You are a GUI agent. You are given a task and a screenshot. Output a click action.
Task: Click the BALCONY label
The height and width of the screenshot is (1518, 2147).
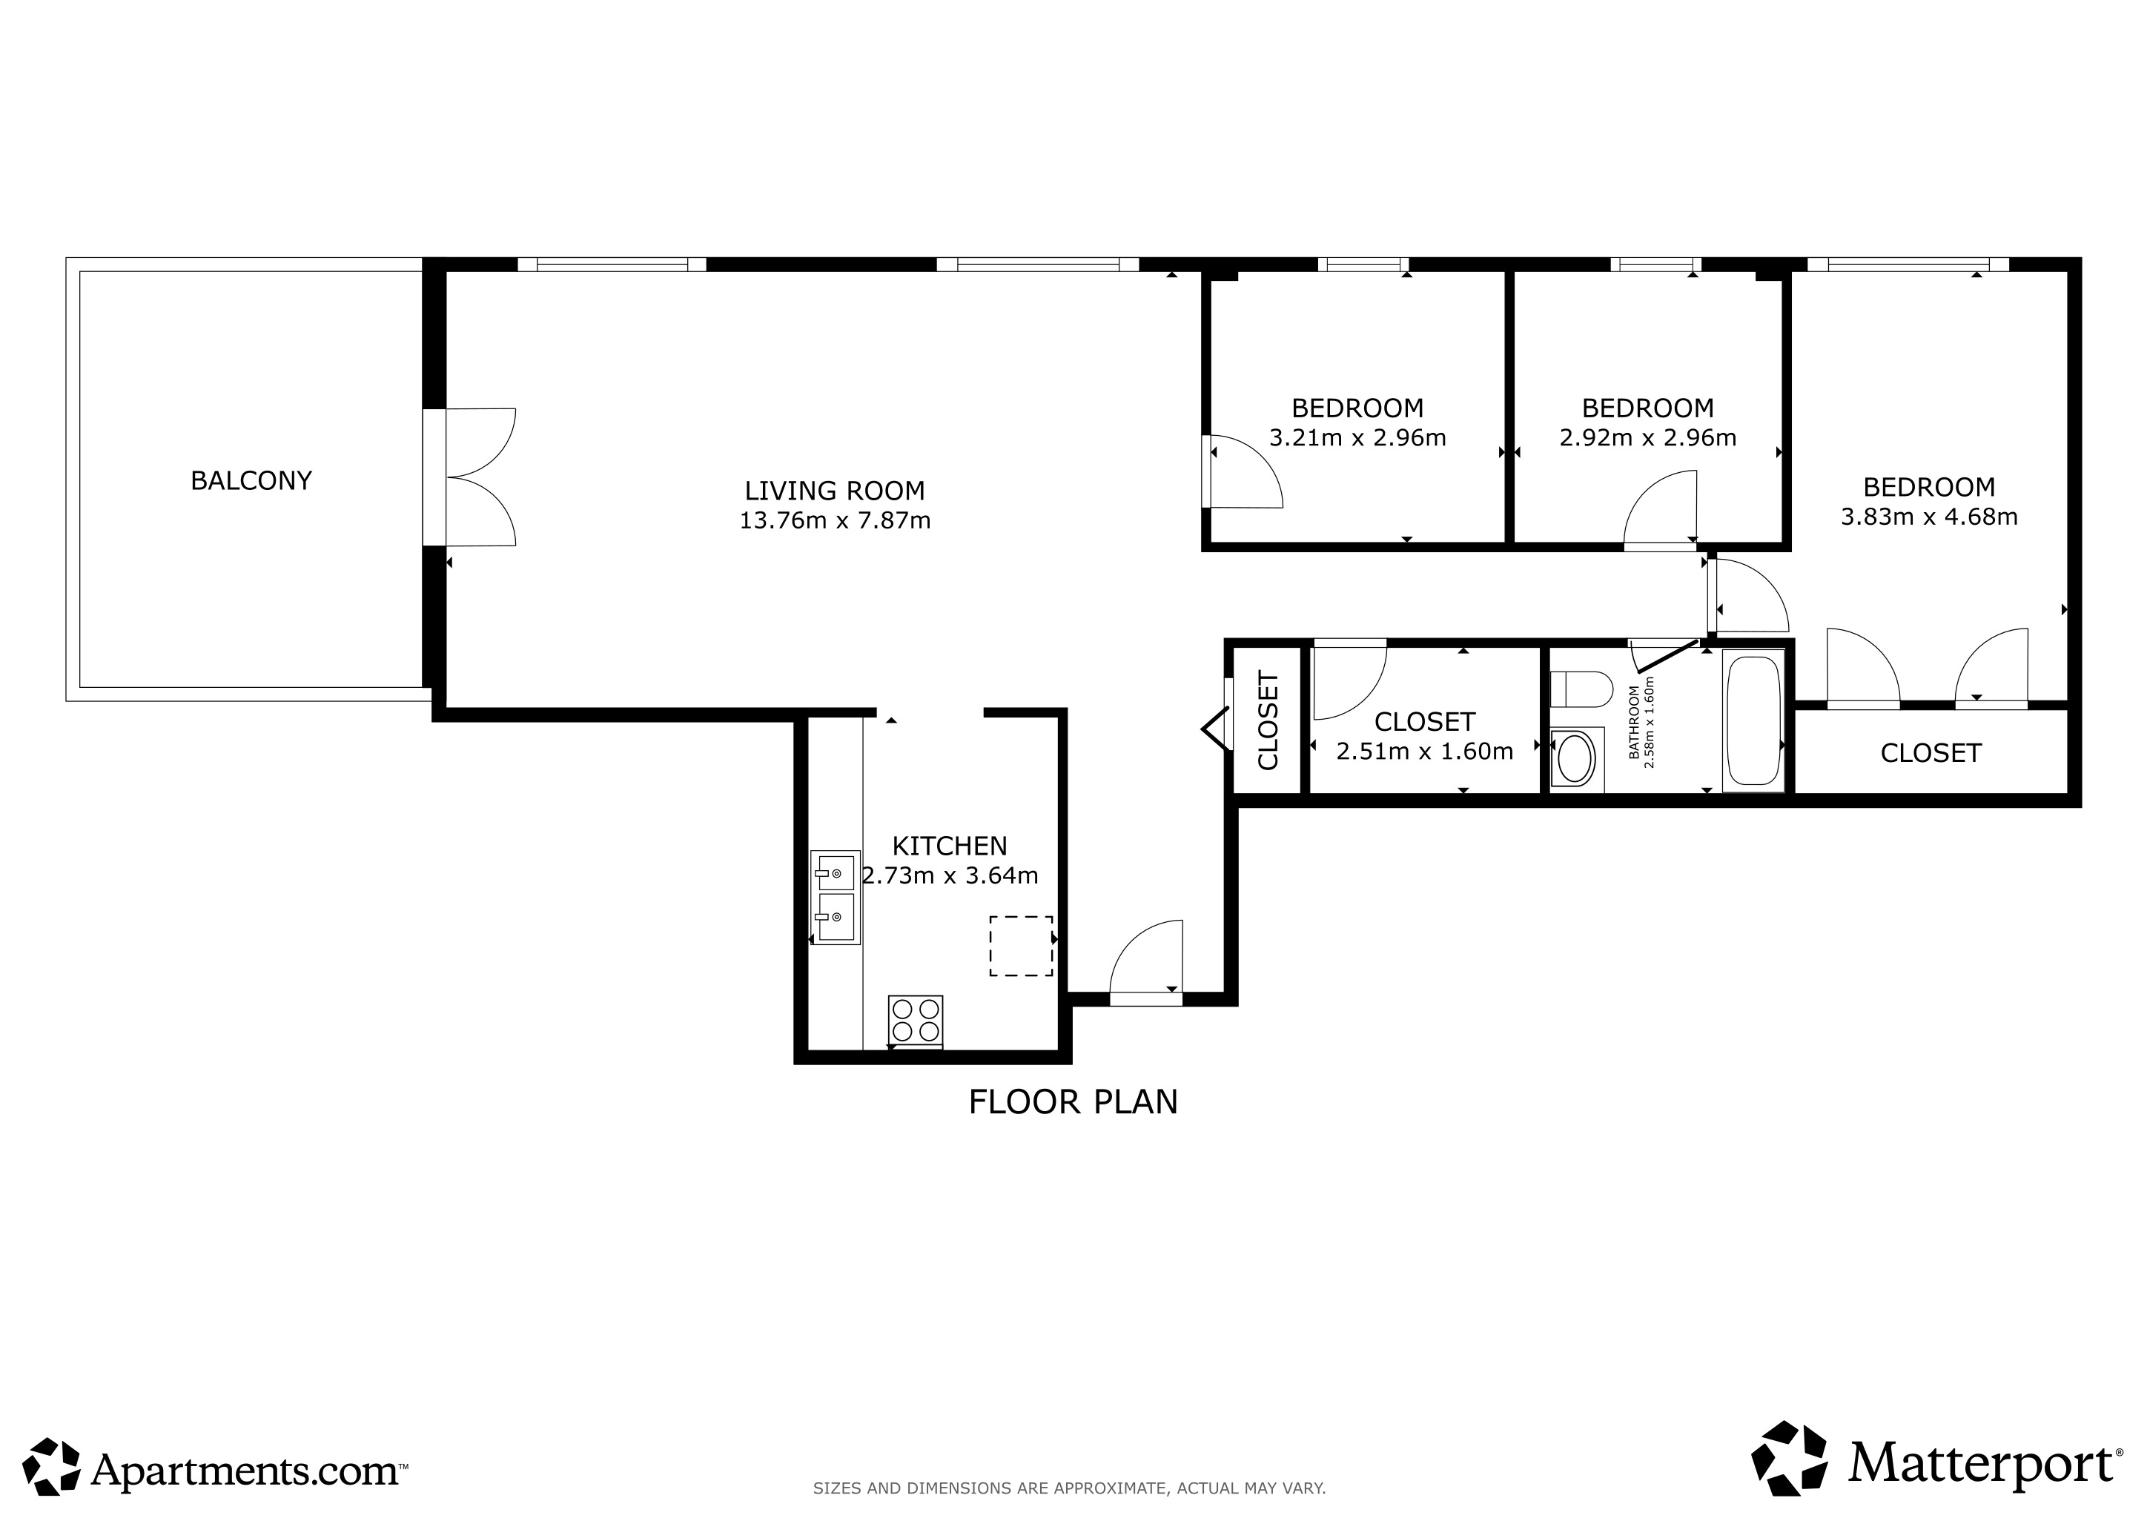(251, 480)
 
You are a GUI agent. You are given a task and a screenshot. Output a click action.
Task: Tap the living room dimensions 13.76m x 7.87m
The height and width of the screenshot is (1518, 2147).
(835, 520)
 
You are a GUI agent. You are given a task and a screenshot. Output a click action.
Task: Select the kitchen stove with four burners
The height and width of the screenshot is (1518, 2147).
(916, 1021)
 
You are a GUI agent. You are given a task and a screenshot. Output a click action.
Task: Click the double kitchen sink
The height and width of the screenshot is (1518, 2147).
(835, 898)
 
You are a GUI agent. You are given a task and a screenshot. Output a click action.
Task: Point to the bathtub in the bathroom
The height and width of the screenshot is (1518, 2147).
(1753, 720)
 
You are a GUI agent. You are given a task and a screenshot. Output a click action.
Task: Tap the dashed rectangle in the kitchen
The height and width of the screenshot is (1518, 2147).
(1021, 946)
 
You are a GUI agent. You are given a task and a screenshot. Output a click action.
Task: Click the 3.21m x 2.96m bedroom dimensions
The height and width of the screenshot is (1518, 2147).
(1357, 437)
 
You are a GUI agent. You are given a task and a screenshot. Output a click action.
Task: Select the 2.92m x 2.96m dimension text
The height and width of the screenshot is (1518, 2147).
(1647, 437)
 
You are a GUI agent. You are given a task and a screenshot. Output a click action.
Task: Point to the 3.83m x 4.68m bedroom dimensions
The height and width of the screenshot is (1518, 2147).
(1929, 517)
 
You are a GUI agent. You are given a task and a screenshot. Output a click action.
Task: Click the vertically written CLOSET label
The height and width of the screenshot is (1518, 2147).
(1268, 720)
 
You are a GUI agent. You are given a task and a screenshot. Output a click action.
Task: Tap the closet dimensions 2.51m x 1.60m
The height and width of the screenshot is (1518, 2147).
(1424, 752)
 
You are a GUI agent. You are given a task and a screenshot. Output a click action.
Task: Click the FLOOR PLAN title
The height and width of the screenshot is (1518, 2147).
(1073, 1102)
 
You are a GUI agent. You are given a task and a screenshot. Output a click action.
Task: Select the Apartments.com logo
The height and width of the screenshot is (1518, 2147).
(216, 1464)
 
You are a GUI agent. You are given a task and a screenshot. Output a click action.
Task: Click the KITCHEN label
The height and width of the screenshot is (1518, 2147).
(949, 846)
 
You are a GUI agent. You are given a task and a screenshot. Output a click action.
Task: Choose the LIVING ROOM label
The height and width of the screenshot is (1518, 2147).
(834, 491)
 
